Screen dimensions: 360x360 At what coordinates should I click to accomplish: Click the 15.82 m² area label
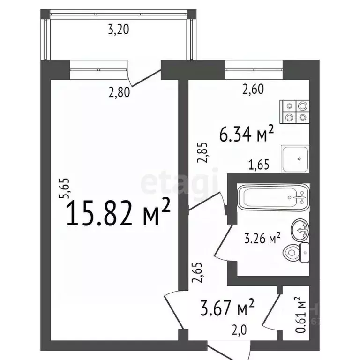click(x=119, y=213)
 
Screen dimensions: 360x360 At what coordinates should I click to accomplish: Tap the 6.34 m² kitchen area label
click(x=247, y=135)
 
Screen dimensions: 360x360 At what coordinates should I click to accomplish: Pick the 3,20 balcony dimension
click(x=118, y=31)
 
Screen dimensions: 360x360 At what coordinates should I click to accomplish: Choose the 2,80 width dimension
click(x=118, y=92)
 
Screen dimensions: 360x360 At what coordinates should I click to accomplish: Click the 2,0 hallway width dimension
click(x=239, y=330)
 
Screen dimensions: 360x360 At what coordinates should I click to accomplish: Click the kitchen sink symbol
click(x=295, y=158)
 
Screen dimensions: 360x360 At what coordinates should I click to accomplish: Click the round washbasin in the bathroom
click(x=301, y=230)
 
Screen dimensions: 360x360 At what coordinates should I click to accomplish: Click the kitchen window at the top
click(x=254, y=70)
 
